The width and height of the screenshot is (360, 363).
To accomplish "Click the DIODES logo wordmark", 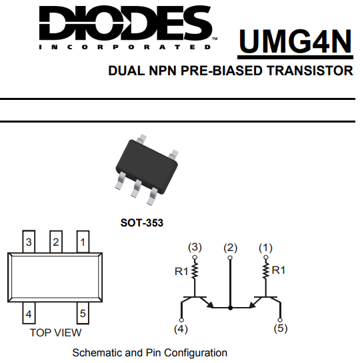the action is [x=125, y=23].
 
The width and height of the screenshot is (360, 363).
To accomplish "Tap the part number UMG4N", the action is [x=295, y=41].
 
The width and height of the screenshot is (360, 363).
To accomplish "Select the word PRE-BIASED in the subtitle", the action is [x=221, y=71].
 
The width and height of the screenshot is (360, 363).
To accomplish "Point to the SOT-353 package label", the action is [x=142, y=223].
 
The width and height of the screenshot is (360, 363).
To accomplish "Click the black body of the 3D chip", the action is [x=147, y=167].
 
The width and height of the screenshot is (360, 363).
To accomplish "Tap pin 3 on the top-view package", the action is [x=29, y=242].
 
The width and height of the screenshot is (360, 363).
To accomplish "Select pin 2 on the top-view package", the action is [x=56, y=242].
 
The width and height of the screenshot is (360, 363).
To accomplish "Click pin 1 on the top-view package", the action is [x=83, y=242].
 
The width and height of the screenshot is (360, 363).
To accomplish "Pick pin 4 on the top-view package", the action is [x=29, y=313].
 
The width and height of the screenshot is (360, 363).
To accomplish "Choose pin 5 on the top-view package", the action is [x=83, y=313].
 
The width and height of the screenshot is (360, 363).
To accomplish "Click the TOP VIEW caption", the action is [x=55, y=332].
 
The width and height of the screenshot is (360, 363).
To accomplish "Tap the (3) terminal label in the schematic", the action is [x=195, y=247].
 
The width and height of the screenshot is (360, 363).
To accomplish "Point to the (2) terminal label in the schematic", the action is [x=230, y=248].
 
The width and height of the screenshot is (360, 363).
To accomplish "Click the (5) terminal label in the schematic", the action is [x=281, y=328].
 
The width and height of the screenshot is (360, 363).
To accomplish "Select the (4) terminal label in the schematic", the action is [x=181, y=329].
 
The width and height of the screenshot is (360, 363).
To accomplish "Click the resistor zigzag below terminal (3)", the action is [x=195, y=270].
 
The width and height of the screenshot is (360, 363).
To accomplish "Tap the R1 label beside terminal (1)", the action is [x=279, y=270].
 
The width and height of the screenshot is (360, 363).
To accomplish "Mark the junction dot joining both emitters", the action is [x=230, y=308].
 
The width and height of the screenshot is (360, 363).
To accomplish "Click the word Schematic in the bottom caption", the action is [x=97, y=353].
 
